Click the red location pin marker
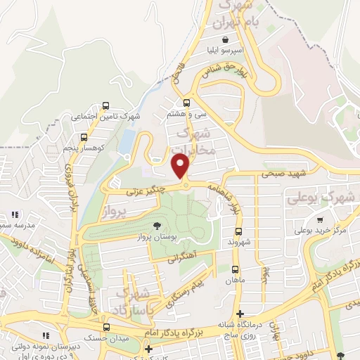(x=181, y=166)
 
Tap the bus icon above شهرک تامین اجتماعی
(x=105, y=106)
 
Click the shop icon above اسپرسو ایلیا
(x=224, y=39)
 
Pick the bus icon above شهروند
(x=238, y=231)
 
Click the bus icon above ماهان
(x=235, y=269)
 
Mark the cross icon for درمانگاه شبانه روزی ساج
(x=240, y=314)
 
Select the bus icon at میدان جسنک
(x=105, y=328)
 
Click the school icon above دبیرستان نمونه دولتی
(x=46, y=335)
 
